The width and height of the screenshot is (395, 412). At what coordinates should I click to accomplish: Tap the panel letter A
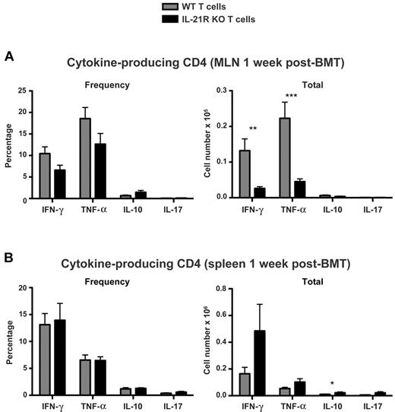(9, 57)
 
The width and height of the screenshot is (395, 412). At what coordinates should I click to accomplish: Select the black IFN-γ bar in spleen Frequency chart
(60, 357)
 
